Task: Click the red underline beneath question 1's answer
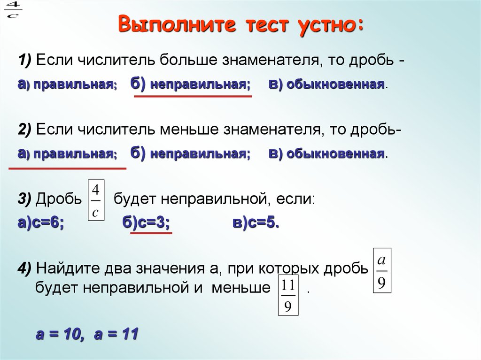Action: (193, 96)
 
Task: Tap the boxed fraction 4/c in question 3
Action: (95, 201)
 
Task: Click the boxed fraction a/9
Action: (382, 271)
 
